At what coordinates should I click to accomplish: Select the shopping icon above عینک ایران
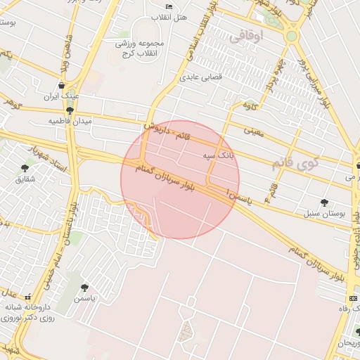coord(63,86)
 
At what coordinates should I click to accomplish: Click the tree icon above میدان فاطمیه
coord(69,110)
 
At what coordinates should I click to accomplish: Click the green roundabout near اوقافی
coord(291,35)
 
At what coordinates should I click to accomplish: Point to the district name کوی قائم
coord(295,165)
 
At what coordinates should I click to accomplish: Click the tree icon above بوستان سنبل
coord(324,202)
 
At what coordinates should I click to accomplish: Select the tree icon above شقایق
coord(25,168)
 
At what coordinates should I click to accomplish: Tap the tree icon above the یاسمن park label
coord(85,288)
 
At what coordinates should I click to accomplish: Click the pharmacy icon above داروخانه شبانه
coord(28,297)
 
